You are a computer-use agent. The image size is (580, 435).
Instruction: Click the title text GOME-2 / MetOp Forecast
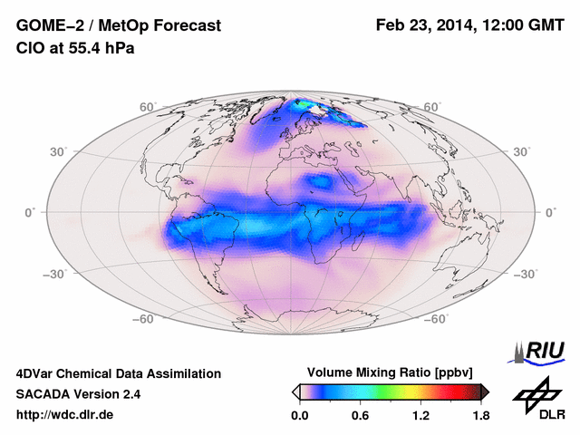[x=119, y=26]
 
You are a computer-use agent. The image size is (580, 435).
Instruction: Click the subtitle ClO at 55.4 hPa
[x=76, y=48]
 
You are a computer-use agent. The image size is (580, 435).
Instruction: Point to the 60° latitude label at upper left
[x=149, y=107]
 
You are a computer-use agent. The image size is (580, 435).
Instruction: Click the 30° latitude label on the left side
[x=59, y=152]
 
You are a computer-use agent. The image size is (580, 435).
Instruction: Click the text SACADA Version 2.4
[x=78, y=394]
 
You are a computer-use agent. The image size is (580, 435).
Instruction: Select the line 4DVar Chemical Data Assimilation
[x=119, y=373]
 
